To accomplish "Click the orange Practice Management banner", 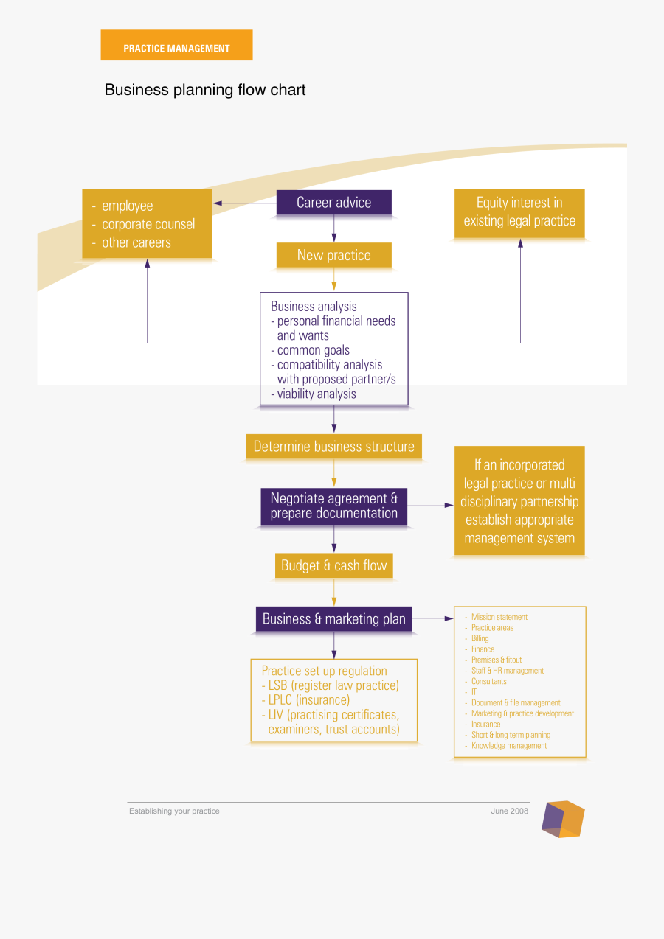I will [x=176, y=46].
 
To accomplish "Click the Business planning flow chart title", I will [x=205, y=90].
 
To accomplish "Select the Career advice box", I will [x=333, y=203].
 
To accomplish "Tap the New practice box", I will [x=333, y=256].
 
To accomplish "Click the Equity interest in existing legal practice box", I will [x=519, y=212].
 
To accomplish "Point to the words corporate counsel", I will [x=148, y=224].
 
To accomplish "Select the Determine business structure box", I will [x=333, y=447].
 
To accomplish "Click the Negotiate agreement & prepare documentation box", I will [x=333, y=506].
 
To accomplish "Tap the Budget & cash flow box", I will [x=333, y=566].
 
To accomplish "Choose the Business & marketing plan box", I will [x=333, y=619].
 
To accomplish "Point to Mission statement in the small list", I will [x=499, y=617].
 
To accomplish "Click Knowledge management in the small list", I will [x=509, y=746].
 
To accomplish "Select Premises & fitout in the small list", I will [x=497, y=660].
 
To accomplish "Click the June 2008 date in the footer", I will [x=510, y=811].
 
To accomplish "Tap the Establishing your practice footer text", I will [x=174, y=811].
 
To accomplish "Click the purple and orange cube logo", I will [x=563, y=819].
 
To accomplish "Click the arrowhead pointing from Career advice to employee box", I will [x=218, y=203].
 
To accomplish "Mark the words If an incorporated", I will [x=519, y=465].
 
